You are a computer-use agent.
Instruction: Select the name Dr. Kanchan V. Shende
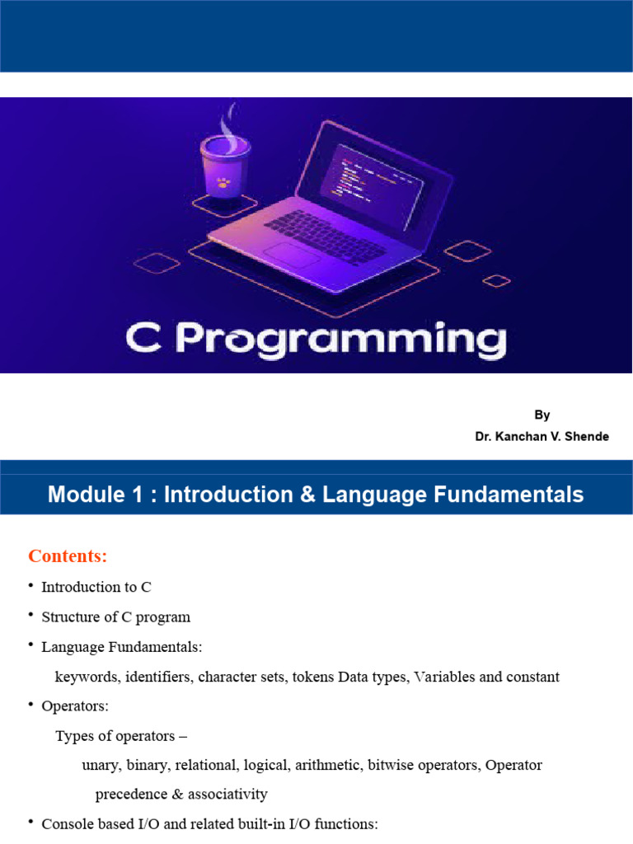pos(542,437)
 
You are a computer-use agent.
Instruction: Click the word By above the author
pos(542,415)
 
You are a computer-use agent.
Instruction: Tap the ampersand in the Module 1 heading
pos(307,495)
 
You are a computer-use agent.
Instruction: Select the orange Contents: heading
pos(68,556)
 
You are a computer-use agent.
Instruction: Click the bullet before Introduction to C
pos(31,585)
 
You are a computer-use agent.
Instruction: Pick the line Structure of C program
pos(115,617)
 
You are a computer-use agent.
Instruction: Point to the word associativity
pos(227,795)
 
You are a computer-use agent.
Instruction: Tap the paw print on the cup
pos(223,182)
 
